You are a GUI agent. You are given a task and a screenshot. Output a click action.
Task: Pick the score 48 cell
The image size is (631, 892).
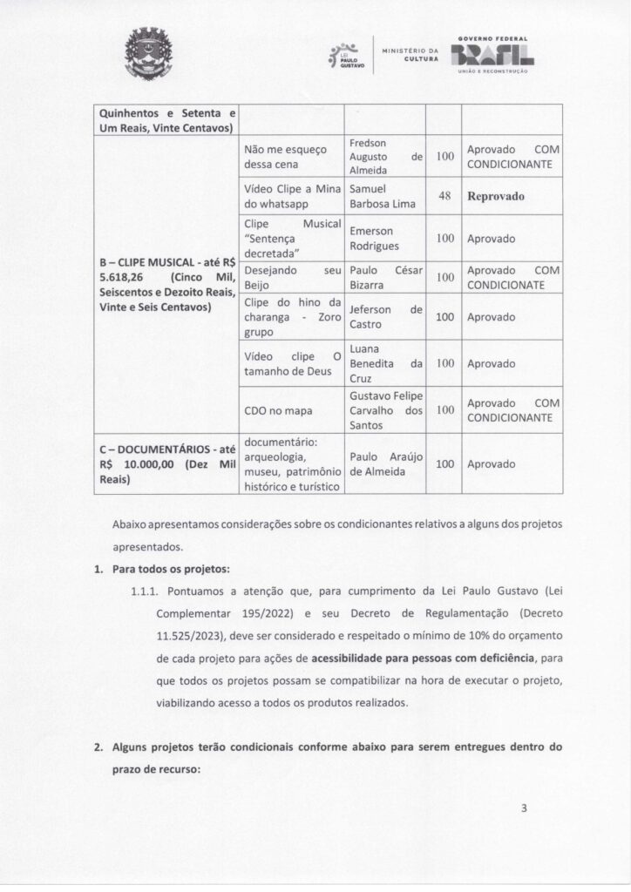444,196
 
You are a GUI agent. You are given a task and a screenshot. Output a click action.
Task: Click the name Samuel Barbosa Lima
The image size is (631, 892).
383,197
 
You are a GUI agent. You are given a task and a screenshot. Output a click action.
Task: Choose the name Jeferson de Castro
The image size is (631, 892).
384,317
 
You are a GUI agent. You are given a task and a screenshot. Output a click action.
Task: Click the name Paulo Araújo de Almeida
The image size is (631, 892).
384,464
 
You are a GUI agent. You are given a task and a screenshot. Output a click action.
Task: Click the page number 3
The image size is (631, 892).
524,808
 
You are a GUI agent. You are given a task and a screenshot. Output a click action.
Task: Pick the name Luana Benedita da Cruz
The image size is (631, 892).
384,364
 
